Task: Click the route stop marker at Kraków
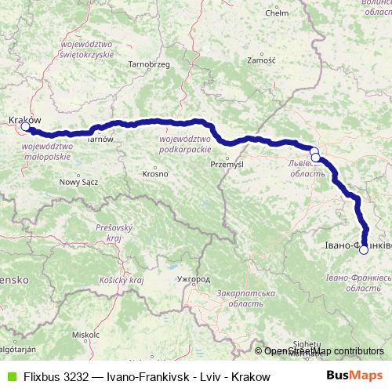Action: pos(25,126)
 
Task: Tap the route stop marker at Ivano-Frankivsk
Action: pos(363,250)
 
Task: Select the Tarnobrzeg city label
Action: pos(149,64)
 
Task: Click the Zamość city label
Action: pos(260,60)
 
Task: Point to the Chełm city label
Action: pos(278,13)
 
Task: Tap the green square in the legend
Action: pos(10,376)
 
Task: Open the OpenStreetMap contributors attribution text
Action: pos(323,351)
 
